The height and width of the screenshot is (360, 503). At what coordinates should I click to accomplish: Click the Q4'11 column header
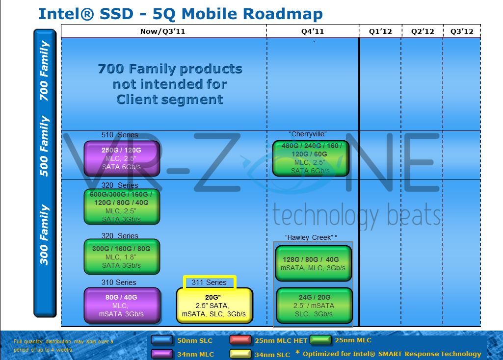[313, 31]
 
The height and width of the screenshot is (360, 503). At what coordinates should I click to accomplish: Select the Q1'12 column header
[380, 31]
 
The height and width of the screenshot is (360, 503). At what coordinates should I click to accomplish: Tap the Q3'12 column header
[462, 31]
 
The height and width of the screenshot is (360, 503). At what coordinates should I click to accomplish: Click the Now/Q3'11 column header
[163, 31]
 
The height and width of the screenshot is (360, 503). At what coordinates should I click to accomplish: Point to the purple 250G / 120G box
[122, 158]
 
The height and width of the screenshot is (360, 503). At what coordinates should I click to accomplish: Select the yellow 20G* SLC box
[214, 306]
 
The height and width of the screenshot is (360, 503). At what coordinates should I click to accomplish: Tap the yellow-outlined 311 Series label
[210, 282]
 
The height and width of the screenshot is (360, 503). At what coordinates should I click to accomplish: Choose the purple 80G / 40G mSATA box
[122, 306]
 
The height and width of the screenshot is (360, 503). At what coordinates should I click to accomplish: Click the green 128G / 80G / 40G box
[314, 264]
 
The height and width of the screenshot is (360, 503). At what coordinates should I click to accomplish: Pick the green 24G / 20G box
[314, 306]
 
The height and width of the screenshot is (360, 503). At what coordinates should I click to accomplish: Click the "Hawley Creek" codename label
[311, 237]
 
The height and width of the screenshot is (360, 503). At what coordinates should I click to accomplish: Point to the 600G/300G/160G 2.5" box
[122, 207]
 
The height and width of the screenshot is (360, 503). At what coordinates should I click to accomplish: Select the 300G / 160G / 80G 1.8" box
[122, 257]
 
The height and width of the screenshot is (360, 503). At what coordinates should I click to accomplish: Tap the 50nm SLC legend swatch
[161, 340]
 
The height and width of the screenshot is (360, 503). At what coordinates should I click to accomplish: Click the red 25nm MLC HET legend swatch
[241, 340]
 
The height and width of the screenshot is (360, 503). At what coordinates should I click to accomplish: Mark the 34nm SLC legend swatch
[241, 354]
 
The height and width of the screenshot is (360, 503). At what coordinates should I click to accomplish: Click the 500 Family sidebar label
[45, 146]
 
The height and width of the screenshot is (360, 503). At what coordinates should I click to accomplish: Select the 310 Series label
[119, 283]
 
